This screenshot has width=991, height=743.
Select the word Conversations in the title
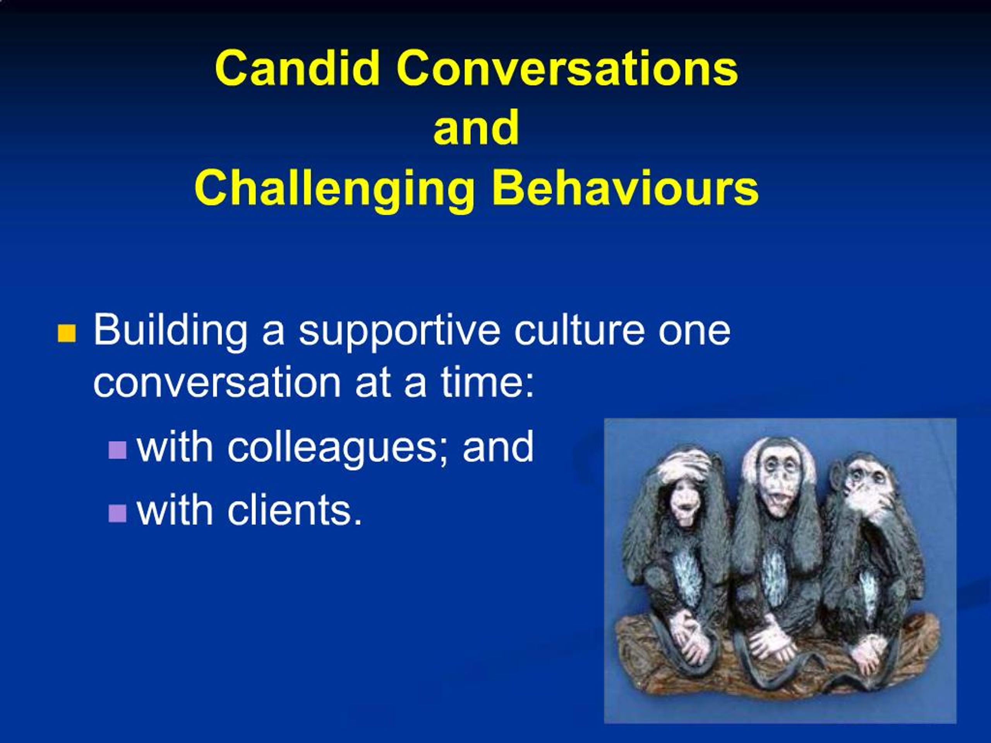coord(566,68)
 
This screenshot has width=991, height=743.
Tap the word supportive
coord(399,331)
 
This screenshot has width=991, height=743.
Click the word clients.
coord(294,511)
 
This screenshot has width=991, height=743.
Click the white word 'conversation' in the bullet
coord(217,383)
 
